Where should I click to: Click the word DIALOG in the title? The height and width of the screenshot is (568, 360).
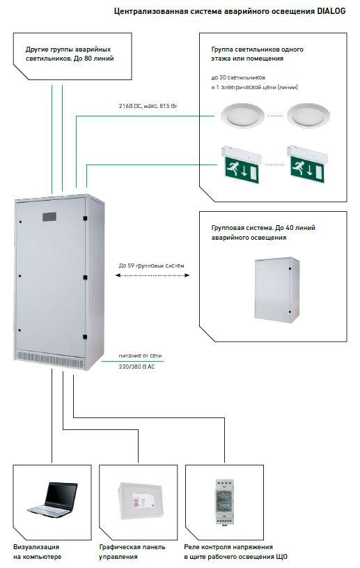[x=331, y=11]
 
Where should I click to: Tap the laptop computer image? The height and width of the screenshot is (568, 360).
[x=53, y=498]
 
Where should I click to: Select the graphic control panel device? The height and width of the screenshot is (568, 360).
[x=140, y=500]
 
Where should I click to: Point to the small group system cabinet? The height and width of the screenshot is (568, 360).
[x=276, y=290]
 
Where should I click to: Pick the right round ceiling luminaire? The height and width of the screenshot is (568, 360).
[x=308, y=114]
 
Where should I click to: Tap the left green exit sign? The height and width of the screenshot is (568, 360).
[x=242, y=164]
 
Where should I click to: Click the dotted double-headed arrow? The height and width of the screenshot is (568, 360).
[x=152, y=275]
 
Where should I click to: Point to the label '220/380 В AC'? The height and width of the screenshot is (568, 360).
[x=136, y=367]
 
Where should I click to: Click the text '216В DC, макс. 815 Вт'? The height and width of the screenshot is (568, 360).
[x=148, y=106]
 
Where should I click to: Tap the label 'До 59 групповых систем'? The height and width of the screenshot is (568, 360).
[x=152, y=266]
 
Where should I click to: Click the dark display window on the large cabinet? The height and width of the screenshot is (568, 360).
[x=49, y=217]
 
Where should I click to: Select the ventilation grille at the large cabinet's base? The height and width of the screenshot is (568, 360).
[x=51, y=358]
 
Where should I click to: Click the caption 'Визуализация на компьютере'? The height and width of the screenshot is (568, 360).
[x=37, y=552]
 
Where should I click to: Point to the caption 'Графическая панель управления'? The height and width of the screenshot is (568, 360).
[x=132, y=552]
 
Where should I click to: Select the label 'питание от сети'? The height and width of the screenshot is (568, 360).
[x=141, y=355]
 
